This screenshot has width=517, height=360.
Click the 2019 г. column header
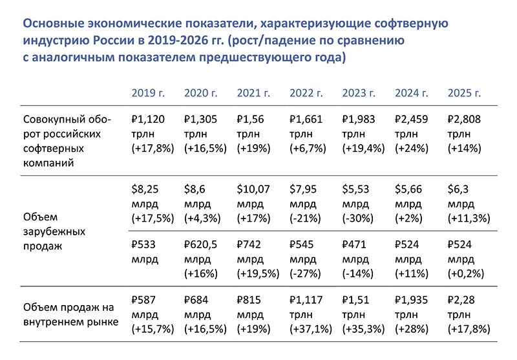click(x=148, y=93)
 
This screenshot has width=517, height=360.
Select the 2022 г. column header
click(x=306, y=93)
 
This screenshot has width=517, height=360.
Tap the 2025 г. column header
click(x=464, y=93)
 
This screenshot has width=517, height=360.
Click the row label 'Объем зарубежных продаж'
click(x=54, y=231)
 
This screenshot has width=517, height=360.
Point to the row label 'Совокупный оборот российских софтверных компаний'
click(x=67, y=141)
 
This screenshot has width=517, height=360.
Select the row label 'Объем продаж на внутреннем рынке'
click(x=70, y=315)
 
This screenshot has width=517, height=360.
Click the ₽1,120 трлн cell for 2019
click(x=153, y=134)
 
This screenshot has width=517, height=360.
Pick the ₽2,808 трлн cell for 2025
click(x=464, y=134)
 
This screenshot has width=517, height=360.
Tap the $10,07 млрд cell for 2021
click(x=253, y=204)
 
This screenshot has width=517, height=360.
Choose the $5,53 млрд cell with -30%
click(x=358, y=204)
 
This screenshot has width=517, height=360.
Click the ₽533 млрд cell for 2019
click(x=145, y=252)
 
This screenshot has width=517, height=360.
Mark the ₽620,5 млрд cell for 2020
click(x=201, y=259)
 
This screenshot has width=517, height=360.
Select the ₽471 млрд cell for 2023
click(x=358, y=259)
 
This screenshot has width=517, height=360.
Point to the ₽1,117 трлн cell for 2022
click(x=311, y=314)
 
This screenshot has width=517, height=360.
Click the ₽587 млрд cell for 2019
click(x=153, y=314)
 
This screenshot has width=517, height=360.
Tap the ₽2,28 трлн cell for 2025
click(x=469, y=314)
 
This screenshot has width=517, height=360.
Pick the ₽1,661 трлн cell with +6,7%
click(x=308, y=134)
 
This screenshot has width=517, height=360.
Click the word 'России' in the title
click(x=114, y=40)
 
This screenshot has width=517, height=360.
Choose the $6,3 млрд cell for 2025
click(x=469, y=204)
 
